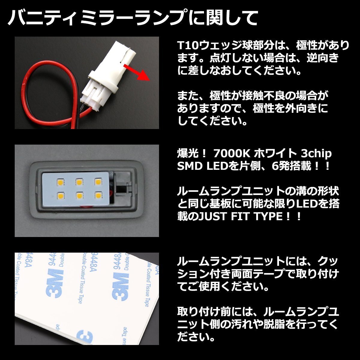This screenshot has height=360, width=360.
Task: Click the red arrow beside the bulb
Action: [139, 71]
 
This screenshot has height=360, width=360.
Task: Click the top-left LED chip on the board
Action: [59, 182]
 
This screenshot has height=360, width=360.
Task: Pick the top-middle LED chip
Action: [78, 181]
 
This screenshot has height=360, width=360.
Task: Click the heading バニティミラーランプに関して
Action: [132, 18]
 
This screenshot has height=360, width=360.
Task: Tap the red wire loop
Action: [45, 90]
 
